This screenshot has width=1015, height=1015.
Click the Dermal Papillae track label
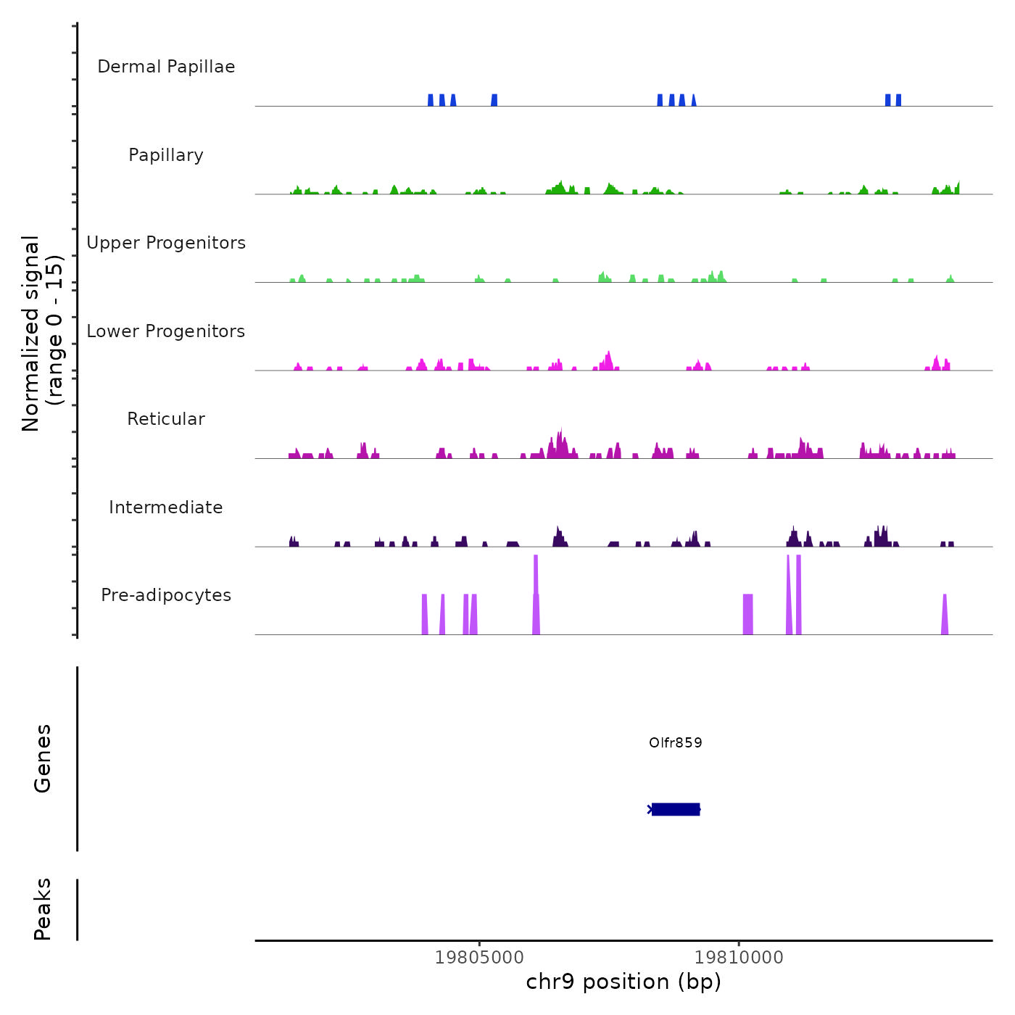point(166,67)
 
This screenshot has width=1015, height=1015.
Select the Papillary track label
point(166,155)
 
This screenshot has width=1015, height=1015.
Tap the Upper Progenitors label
point(166,243)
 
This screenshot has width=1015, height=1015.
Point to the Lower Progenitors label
point(166,331)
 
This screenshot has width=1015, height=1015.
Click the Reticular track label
point(166,419)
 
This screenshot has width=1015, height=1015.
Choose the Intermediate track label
point(166,507)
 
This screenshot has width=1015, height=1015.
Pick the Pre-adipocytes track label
point(166,595)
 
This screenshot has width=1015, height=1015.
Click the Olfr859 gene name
point(676,742)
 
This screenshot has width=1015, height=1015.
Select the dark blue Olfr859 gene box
point(676,809)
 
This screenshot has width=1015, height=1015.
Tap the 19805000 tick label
point(479,957)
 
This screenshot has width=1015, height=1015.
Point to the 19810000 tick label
point(739,957)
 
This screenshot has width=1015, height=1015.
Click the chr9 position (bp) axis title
point(623,982)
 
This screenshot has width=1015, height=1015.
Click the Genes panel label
point(42,758)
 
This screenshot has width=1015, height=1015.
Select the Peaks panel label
point(42,909)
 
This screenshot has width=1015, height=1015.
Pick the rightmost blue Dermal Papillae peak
point(899,100)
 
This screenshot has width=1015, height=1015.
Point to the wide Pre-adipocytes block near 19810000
point(748,615)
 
